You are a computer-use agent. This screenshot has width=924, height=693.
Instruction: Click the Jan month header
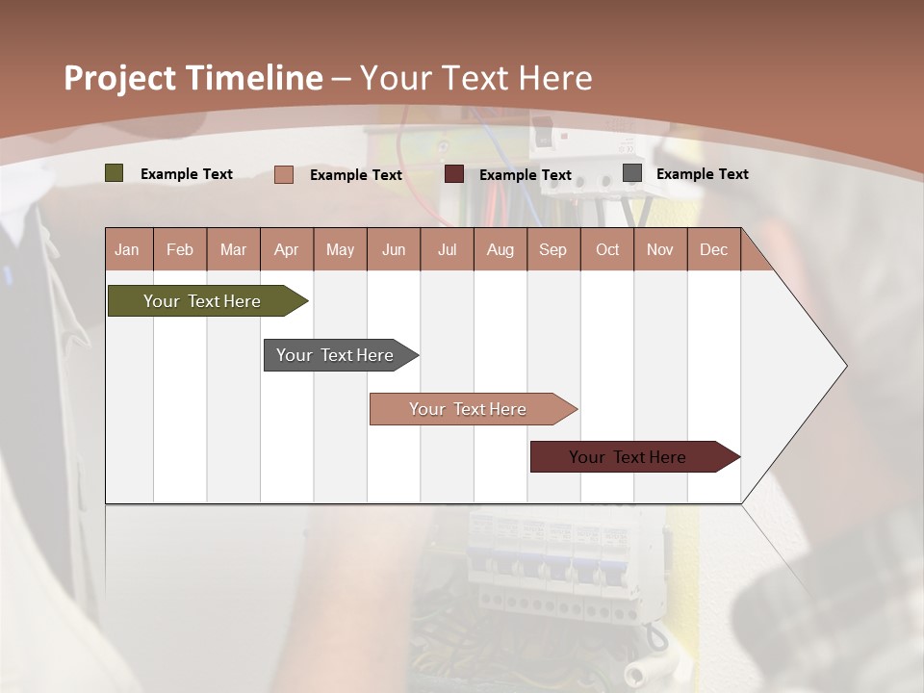click(x=127, y=249)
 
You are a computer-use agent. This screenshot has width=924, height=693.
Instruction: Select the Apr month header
click(x=286, y=249)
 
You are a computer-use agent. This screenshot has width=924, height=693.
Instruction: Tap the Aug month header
click(x=500, y=249)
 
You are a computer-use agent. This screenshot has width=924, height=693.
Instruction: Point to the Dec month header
click(x=713, y=249)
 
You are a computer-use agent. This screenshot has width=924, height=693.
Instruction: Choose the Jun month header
click(x=393, y=249)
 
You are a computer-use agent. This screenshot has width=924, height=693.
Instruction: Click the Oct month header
click(x=606, y=249)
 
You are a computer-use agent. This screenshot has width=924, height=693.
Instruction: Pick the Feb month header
click(x=180, y=249)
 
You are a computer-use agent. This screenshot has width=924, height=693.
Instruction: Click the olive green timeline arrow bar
click(x=202, y=301)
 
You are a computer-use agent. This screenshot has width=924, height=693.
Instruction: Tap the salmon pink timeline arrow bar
click(x=468, y=409)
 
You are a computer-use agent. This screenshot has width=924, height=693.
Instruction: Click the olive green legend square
click(x=114, y=173)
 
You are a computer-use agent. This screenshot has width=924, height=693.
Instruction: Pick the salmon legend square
click(x=283, y=174)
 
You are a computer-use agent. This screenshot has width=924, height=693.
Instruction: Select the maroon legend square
click(x=453, y=174)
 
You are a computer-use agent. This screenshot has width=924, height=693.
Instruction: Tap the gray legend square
click(x=631, y=173)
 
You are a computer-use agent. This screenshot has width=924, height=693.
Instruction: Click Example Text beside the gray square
click(x=702, y=174)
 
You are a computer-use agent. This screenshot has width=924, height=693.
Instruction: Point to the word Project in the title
click(x=120, y=78)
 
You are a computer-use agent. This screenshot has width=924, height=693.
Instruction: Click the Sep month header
click(x=552, y=249)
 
